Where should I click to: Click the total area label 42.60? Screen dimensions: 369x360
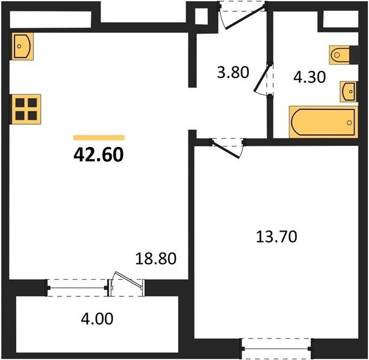pos(98,155)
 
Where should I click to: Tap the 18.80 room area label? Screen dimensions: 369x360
pos(156,258)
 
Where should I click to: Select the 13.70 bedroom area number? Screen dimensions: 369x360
pos(277,236)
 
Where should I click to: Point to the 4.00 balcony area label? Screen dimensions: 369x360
pos(97,319)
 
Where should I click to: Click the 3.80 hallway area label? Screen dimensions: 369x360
pos(233,72)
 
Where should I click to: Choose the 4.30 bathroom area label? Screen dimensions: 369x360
pos(310,77)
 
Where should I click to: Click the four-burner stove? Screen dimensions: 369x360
pos(26,109)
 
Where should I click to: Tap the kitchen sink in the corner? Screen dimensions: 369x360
pos(22,46)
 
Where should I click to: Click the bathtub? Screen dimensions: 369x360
pos(323,122)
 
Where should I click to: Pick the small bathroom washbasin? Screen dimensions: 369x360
pos(348,92)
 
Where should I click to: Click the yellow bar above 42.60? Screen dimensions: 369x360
pos(99,137)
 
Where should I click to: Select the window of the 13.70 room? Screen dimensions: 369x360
pos(276,349)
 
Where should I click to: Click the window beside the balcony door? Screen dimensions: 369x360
pos(77,288)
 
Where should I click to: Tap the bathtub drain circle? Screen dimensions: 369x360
pos(349,122)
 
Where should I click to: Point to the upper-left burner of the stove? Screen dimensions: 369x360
pos(20,103)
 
